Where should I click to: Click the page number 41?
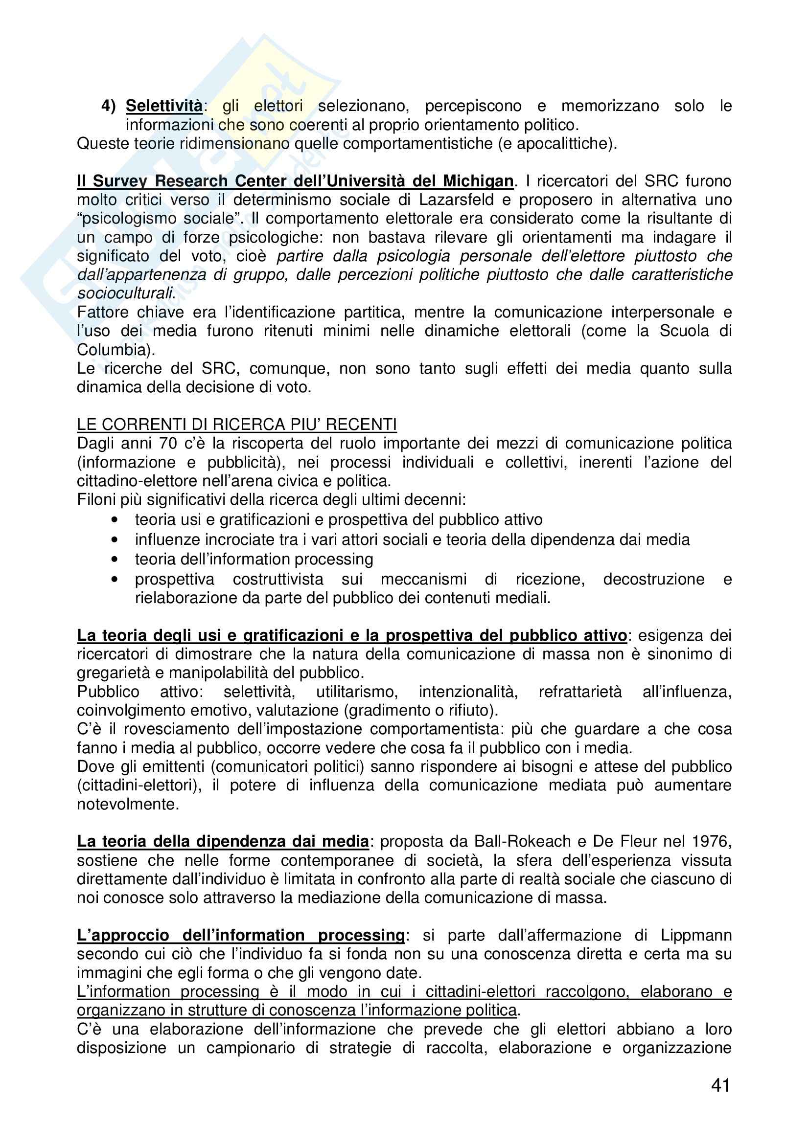click(721, 1085)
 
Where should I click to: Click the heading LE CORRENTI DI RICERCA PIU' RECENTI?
click(237, 425)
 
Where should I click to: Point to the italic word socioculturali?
click(126, 293)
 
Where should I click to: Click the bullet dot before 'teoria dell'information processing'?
click(115, 559)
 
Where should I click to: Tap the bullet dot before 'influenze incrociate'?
click(115, 539)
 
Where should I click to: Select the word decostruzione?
click(653, 579)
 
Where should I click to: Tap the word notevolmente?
click(128, 804)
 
